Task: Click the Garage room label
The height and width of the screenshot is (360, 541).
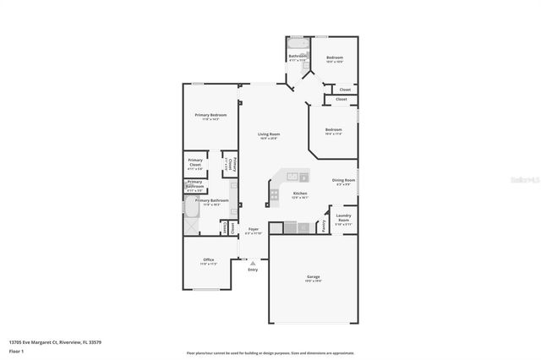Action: coord(313,276)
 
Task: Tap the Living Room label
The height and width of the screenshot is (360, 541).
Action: coord(269,134)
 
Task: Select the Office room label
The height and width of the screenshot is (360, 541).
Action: coord(208,259)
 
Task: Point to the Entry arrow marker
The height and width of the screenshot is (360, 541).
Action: coord(252,264)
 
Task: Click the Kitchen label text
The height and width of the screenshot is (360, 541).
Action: coord(299,194)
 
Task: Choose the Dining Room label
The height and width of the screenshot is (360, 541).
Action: coord(343,180)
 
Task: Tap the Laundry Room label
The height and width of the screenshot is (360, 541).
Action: coord(343,217)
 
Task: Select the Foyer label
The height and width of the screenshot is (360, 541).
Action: coord(253,229)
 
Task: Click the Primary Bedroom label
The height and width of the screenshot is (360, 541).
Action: coord(210,115)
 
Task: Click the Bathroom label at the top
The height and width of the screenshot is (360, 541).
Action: coord(298,57)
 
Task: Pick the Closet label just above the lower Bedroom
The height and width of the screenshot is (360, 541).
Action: coord(341,99)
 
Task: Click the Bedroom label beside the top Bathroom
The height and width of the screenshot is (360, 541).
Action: coord(335,57)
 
